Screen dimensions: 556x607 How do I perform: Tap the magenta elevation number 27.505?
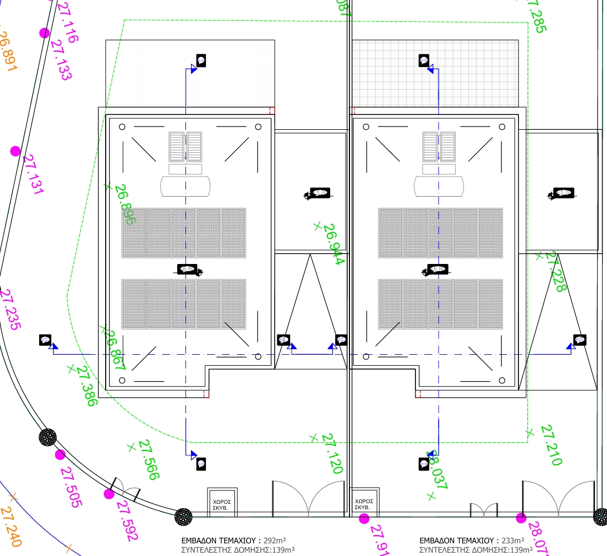pyautogui.click(x=70, y=487)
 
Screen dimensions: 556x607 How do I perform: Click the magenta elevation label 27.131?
pyautogui.click(x=32, y=174)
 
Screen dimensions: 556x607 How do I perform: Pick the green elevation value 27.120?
pyautogui.click(x=332, y=453)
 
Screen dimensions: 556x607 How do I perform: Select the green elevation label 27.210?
pyautogui.click(x=551, y=445)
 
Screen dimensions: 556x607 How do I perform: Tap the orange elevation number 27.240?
pyautogui.click(x=11, y=527)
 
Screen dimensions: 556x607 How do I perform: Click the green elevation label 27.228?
pyautogui.click(x=555, y=272)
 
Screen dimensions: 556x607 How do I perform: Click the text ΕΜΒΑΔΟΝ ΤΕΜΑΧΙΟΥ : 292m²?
pyautogui.click(x=233, y=540)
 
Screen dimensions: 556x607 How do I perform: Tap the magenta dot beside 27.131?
pyautogui.click(x=15, y=151)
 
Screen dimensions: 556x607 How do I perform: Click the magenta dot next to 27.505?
pyautogui.click(x=60, y=454)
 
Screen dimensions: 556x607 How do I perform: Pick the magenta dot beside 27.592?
pyautogui.click(x=109, y=494)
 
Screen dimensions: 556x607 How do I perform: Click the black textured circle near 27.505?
pyautogui.click(x=48, y=437)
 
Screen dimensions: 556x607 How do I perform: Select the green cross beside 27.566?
pyautogui.click(x=131, y=447)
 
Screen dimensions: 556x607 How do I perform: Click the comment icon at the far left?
pyautogui.click(x=45, y=340)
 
